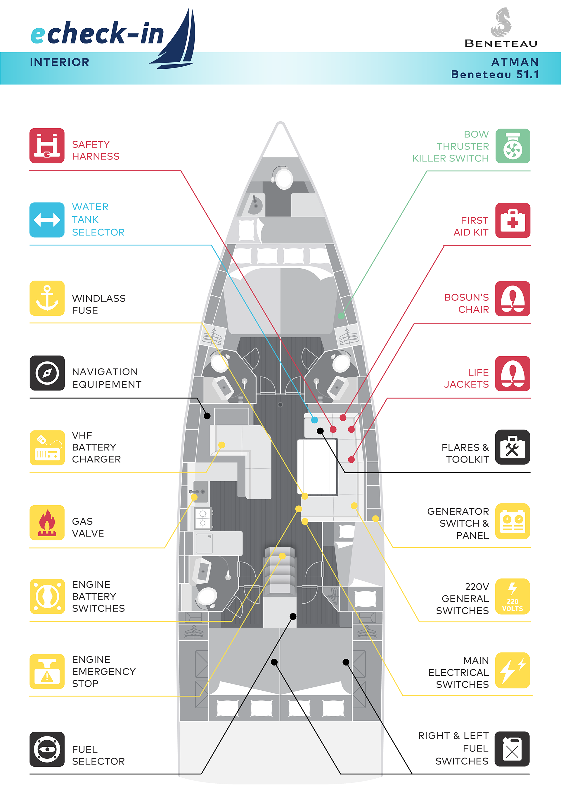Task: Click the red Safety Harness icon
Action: click(x=47, y=146)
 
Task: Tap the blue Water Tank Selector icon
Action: click(x=47, y=220)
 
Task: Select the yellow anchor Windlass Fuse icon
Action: click(x=47, y=298)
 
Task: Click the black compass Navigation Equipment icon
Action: click(x=47, y=373)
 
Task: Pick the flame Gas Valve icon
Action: click(x=47, y=523)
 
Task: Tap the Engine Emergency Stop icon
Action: click(x=47, y=671)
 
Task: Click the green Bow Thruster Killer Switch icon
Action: click(x=512, y=146)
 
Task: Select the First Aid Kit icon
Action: click(x=512, y=220)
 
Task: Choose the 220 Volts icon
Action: click(x=512, y=596)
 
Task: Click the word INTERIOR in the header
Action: click(x=60, y=62)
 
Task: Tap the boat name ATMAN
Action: click(x=515, y=62)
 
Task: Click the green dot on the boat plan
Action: click(x=341, y=315)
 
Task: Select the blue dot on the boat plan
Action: click(x=314, y=420)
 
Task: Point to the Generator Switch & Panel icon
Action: click(x=512, y=521)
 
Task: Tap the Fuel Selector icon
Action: click(x=47, y=749)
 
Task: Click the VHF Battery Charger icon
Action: click(x=47, y=447)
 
